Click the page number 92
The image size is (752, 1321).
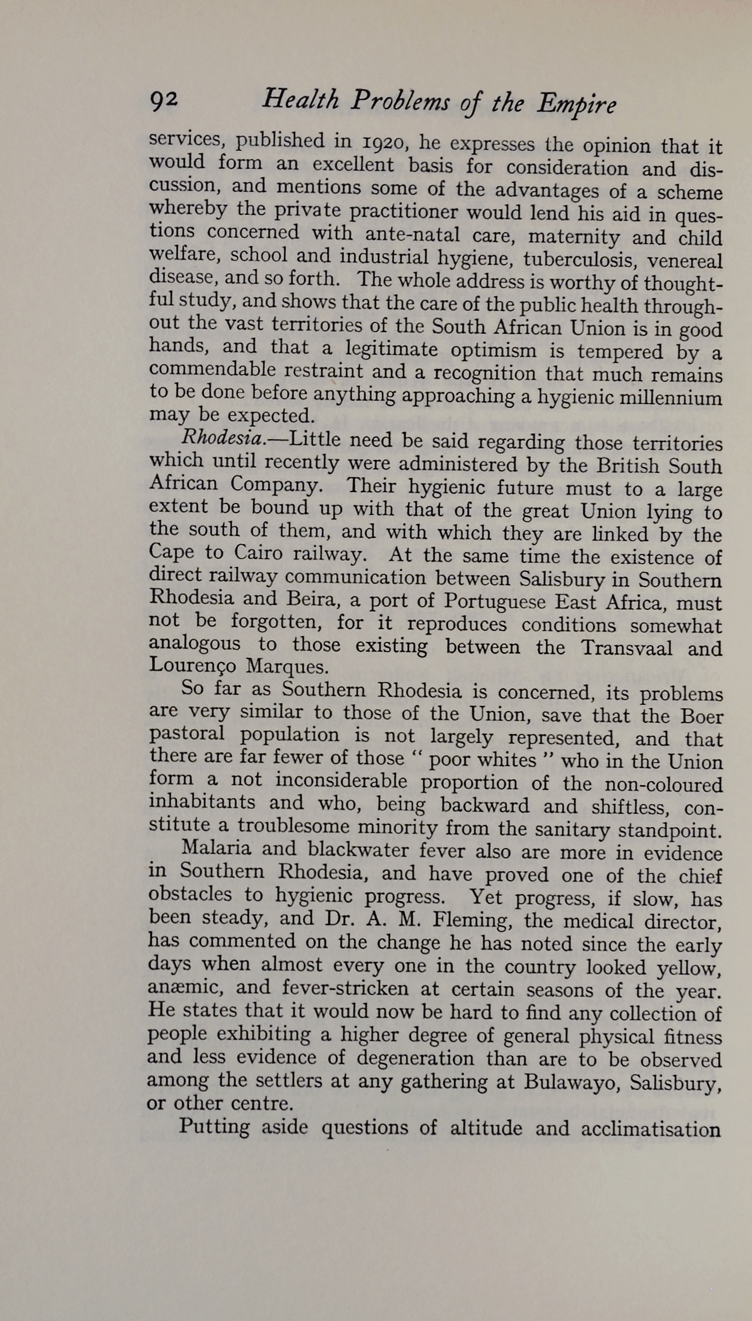(x=164, y=101)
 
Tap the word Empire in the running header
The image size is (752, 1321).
(x=576, y=105)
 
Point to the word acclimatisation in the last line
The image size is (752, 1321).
(x=650, y=1128)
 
